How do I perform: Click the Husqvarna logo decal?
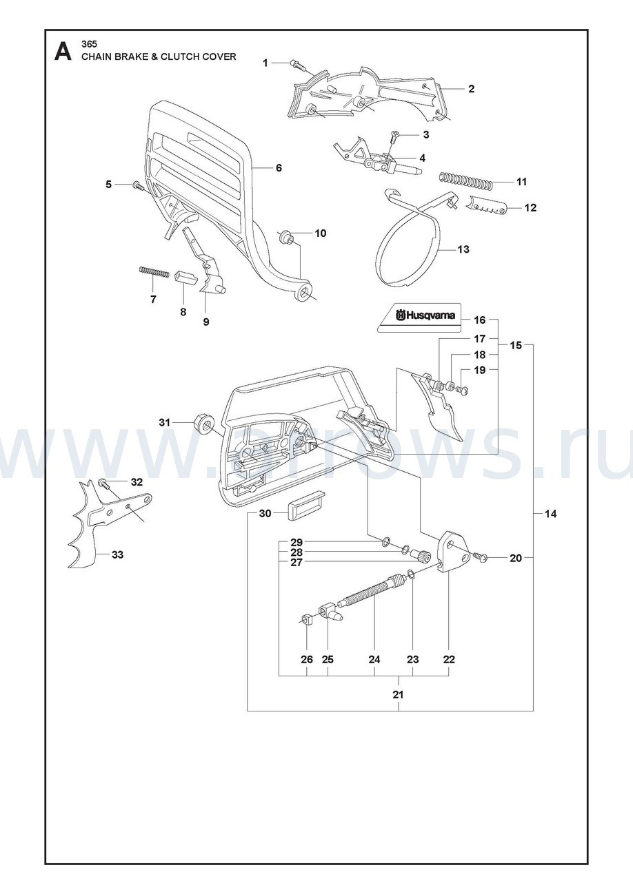[419, 318]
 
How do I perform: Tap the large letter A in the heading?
[63, 52]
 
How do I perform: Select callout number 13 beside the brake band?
[463, 249]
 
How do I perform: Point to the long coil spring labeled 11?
[465, 180]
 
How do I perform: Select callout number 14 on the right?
[550, 514]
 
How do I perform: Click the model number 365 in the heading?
[89, 44]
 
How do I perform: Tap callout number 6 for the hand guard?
[279, 168]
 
